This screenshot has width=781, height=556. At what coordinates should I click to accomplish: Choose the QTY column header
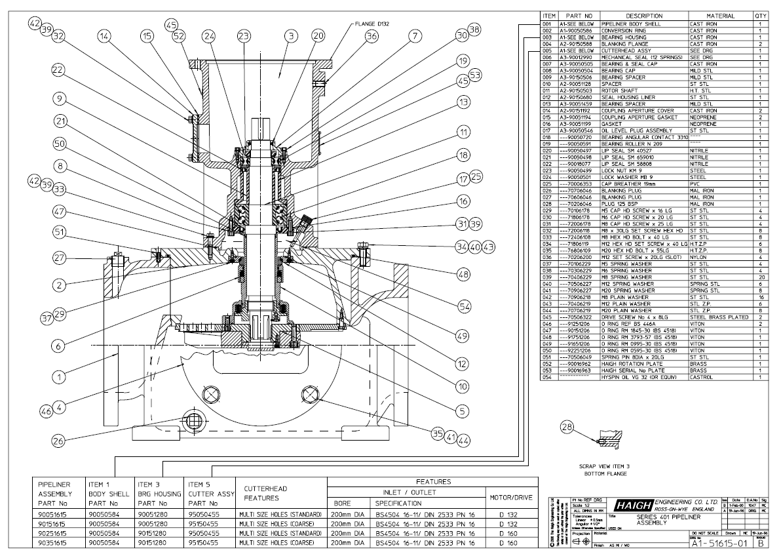(x=760, y=16)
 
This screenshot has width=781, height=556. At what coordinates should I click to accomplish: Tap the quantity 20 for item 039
(x=760, y=277)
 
